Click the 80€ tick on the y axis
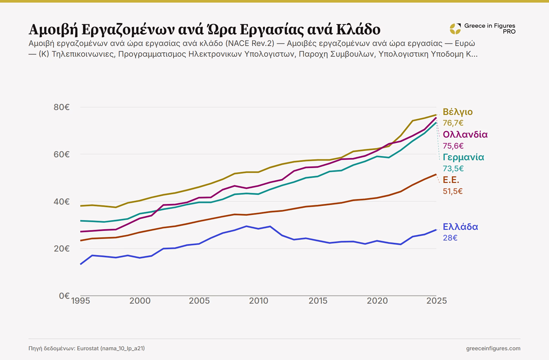pyautogui.click(x=62, y=107)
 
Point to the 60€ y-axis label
pyautogui.click(x=62, y=154)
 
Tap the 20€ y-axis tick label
pyautogui.click(x=62, y=249)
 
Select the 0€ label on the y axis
pyautogui.click(x=64, y=296)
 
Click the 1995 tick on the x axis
pyautogui.click(x=81, y=301)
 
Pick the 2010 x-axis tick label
pyautogui.click(x=259, y=301)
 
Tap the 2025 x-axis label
pyautogui.click(x=436, y=301)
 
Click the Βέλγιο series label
pyautogui.click(x=458, y=112)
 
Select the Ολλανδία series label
pyautogui.click(x=465, y=135)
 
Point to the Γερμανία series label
pyautogui.click(x=464, y=157)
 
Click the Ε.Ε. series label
pyautogui.click(x=451, y=180)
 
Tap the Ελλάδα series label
pyautogui.click(x=460, y=227)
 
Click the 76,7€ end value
pyautogui.click(x=453, y=123)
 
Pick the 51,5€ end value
pyautogui.click(x=453, y=191)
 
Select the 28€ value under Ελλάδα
pyautogui.click(x=450, y=238)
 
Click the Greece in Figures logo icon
pyautogui.click(x=455, y=29)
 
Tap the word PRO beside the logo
pyautogui.click(x=509, y=32)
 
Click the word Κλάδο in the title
pyautogui.click(x=358, y=29)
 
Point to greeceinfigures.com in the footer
pyautogui.click(x=493, y=348)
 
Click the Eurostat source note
pyautogui.click(x=86, y=348)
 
